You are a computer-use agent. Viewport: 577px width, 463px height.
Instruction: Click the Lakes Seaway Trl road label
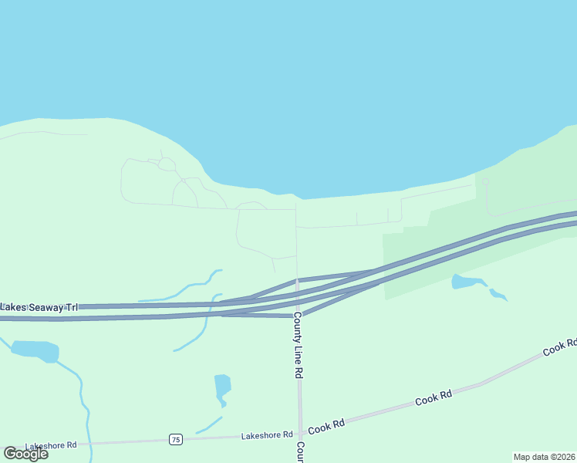[39, 307]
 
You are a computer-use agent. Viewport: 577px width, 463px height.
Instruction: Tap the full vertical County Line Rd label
[298, 350]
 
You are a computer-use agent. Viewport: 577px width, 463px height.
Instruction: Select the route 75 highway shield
[176, 440]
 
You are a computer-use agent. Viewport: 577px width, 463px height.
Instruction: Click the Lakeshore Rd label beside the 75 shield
[266, 435]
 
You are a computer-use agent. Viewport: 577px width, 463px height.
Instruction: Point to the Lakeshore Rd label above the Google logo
[51, 445]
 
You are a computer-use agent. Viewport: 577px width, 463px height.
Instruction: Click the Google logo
[25, 454]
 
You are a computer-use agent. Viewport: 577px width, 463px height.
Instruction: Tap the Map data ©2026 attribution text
[544, 457]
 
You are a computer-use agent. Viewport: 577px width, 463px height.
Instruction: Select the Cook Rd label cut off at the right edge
[560, 346]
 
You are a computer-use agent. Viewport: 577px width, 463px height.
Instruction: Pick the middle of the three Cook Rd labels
[434, 399]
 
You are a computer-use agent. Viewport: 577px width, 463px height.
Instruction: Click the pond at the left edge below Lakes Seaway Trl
[35, 350]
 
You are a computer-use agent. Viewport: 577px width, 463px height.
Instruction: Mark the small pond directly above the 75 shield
[222, 387]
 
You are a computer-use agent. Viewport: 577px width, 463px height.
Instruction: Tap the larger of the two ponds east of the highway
[467, 281]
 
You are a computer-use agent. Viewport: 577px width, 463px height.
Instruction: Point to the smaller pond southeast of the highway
[498, 294]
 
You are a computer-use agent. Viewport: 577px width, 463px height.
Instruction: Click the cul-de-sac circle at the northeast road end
[485, 182]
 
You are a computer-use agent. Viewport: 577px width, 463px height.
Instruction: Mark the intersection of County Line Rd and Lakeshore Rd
[299, 435]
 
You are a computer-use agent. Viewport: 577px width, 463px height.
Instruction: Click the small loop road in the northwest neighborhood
[167, 164]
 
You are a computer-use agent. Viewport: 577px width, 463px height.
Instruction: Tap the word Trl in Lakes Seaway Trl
[71, 307]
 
